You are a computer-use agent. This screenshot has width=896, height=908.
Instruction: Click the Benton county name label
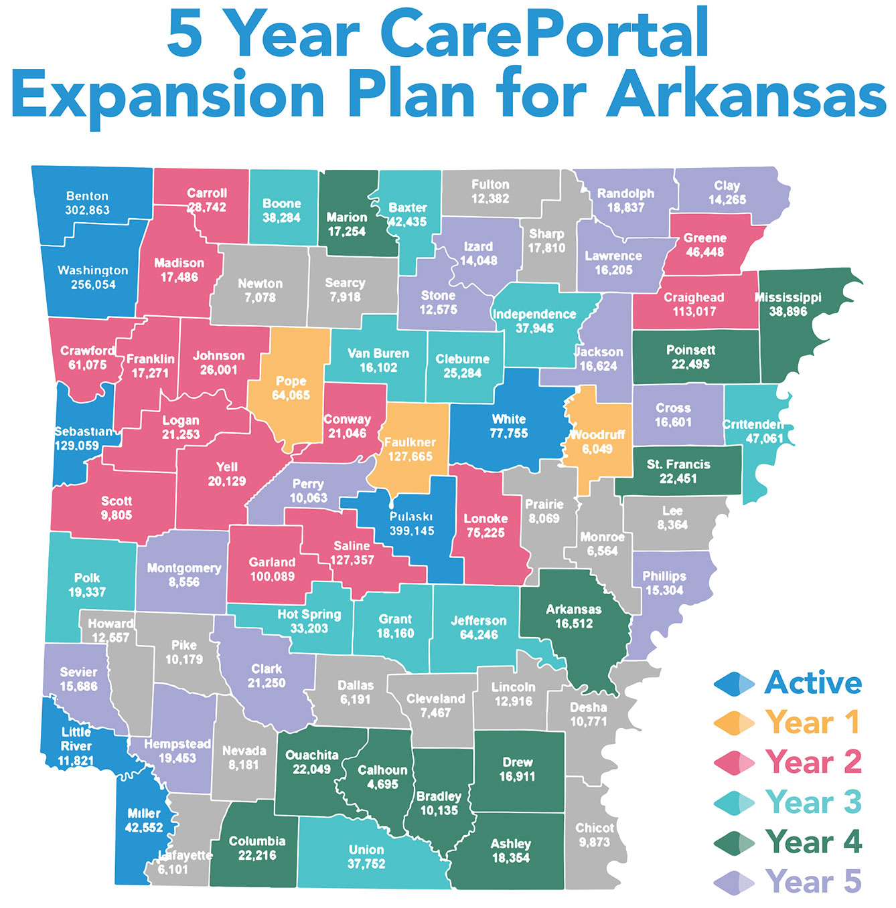click(87, 196)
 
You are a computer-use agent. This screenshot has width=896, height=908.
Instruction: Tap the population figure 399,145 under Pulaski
click(412, 531)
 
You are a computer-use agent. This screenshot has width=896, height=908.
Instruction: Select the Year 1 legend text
click(812, 722)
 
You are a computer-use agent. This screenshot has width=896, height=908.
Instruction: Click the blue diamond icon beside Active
click(734, 683)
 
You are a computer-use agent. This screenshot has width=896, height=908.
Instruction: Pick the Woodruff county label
click(597, 435)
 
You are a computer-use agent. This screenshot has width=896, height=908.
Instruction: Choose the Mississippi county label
click(788, 297)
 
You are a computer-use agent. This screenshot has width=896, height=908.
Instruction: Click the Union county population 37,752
click(366, 864)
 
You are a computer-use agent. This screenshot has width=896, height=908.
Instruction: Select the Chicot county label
click(595, 828)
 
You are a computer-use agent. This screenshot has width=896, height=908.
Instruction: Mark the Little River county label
click(76, 739)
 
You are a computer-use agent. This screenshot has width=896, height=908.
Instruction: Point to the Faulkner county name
click(410, 442)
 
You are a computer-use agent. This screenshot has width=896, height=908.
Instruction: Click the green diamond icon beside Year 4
click(734, 842)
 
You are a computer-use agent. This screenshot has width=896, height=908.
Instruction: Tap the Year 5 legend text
click(813, 881)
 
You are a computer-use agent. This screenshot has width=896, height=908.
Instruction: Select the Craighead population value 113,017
click(694, 311)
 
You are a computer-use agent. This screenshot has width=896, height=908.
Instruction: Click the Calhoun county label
click(382, 770)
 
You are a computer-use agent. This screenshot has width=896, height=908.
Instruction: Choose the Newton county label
click(260, 283)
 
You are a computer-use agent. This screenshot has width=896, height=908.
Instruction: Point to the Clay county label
click(727, 185)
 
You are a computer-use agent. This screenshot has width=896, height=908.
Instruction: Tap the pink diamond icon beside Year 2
click(734, 763)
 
